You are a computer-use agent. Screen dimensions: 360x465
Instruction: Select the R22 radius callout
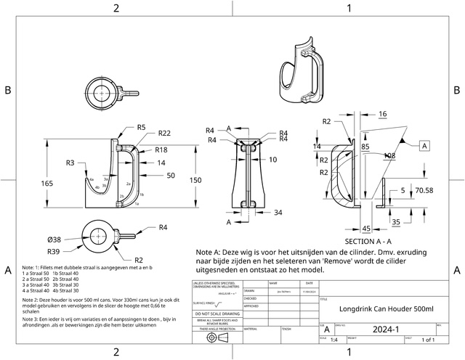(164, 133)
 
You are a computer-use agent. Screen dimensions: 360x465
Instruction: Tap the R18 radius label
(162, 150)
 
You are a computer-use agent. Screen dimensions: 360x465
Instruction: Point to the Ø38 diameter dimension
(54, 239)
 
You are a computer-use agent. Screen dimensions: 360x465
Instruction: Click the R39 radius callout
(54, 250)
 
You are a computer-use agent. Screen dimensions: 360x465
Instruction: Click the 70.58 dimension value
(424, 191)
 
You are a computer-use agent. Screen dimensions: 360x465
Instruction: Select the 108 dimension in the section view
(389, 155)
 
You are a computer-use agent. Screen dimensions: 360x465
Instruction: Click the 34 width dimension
(278, 213)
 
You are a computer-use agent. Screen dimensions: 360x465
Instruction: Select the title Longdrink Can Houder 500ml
(387, 308)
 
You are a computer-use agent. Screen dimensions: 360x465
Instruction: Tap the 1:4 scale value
(334, 339)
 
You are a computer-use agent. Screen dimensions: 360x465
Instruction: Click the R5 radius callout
(142, 128)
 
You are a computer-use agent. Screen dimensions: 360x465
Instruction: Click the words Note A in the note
(209, 252)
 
